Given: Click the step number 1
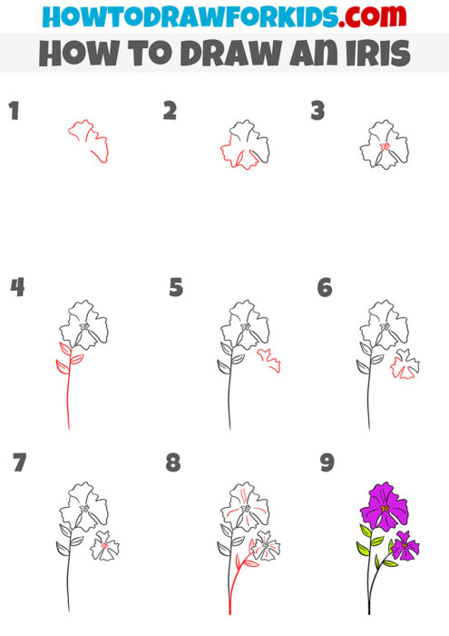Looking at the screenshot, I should point(14,113).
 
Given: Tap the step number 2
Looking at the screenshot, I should point(170,112).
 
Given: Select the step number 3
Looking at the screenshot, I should point(317,112).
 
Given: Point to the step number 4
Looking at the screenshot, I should point(16,288).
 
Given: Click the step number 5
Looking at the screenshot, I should point(176,289).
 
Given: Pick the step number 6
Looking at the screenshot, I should point(324,288).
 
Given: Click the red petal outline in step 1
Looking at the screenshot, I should point(89,139).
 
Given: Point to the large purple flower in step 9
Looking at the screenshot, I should point(384,506).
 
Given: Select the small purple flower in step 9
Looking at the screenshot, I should point(405,546).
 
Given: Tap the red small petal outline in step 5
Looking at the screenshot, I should point(268,360).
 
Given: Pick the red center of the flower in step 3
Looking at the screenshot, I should point(384,147).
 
